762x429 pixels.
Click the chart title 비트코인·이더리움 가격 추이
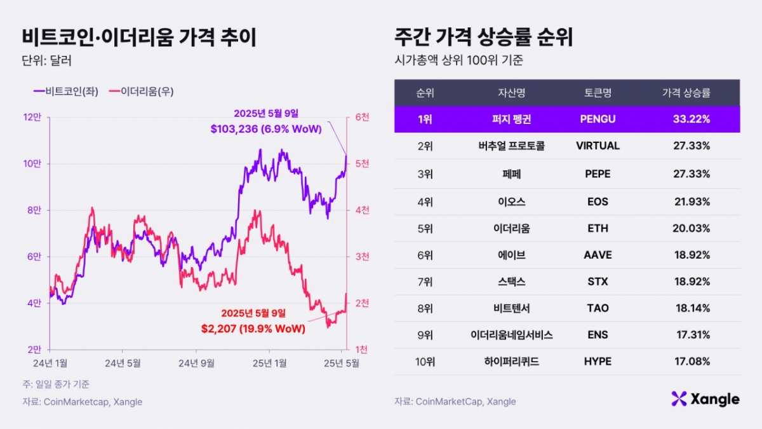(139, 37)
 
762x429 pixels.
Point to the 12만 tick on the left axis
(32, 117)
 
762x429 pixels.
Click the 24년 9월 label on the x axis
(196, 364)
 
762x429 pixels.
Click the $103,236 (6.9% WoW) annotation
(265, 129)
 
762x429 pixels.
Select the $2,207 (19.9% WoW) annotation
(253, 329)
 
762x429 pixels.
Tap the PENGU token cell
(598, 119)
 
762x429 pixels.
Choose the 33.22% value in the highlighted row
(691, 119)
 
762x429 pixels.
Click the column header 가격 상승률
(686, 93)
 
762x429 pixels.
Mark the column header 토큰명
(598, 93)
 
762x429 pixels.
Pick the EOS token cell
(598, 201)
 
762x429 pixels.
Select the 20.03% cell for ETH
(691, 229)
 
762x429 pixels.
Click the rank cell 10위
(425, 361)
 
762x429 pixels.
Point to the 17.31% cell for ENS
(691, 334)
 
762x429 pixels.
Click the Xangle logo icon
(679, 398)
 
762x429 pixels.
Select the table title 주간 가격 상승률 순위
(483, 37)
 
